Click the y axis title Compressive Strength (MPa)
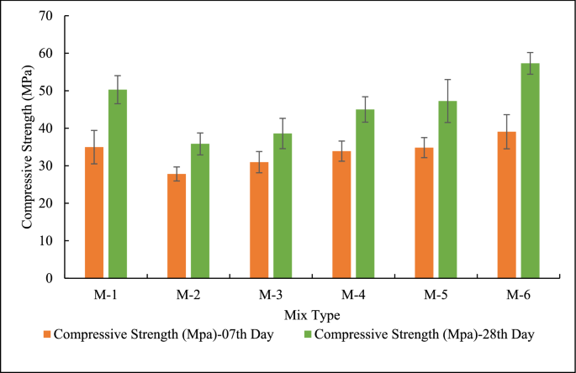click(27, 146)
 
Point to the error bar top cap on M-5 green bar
click(447, 80)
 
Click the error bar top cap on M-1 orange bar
click(94, 130)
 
